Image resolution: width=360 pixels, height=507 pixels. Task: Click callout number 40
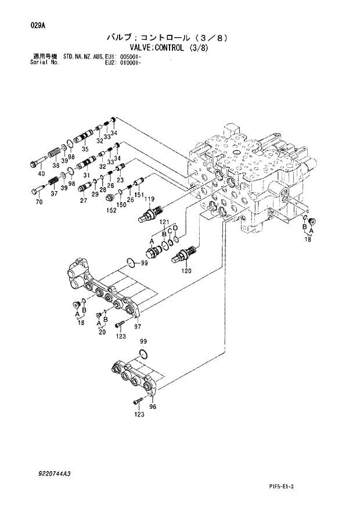pos(41,174)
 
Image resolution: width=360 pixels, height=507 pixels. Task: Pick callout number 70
pos(39,202)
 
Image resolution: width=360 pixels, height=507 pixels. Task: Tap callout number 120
pos(186,270)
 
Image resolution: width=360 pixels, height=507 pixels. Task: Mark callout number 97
pos(138,328)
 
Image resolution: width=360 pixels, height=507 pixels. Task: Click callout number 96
pos(153,407)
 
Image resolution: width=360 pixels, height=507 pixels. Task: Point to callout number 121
pos(164,223)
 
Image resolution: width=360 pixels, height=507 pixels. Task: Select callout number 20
pos(102,332)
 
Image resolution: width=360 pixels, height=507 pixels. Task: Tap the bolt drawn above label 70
pos(37,189)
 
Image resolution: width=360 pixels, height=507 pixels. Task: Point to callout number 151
pos(139,195)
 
